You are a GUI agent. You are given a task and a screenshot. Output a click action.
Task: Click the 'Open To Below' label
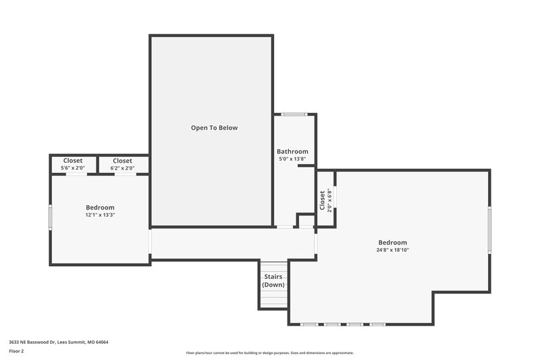(214, 128)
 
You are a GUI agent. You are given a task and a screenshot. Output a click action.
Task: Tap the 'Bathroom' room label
(292, 152)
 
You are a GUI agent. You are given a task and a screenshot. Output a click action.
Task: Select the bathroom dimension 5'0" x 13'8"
(292, 159)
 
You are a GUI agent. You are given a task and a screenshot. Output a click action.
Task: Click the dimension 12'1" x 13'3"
(100, 215)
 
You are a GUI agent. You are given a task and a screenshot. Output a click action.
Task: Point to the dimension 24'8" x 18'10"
(392, 250)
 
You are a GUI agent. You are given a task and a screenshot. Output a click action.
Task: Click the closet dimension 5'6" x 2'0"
(73, 168)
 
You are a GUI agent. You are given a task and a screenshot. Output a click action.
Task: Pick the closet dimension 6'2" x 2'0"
(122, 168)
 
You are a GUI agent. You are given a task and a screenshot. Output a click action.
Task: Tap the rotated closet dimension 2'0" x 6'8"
(329, 200)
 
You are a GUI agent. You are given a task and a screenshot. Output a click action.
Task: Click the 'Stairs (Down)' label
(273, 281)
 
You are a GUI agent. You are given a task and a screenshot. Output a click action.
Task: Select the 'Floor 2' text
(17, 351)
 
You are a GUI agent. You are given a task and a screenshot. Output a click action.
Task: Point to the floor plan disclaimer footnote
(270, 353)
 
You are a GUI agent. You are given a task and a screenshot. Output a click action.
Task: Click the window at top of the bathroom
(294, 114)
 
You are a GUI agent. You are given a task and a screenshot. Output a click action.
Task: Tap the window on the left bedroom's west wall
(50, 217)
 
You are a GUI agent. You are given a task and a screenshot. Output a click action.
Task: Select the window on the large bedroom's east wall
(489, 230)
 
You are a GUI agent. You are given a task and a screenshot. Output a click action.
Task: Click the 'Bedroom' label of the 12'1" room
(100, 207)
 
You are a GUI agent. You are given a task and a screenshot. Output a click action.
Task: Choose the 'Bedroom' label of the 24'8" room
(392, 242)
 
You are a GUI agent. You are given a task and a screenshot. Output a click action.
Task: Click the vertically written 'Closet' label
(322, 200)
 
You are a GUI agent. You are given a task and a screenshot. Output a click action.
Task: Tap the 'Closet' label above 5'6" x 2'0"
(73, 161)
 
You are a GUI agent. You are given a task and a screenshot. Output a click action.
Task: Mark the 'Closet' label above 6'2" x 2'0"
(122, 161)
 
